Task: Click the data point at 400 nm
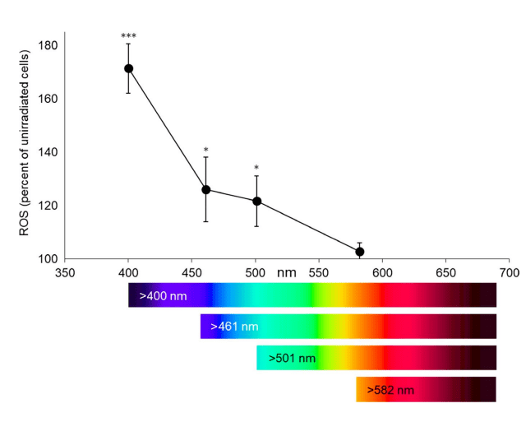(128, 68)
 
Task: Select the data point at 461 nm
(206, 190)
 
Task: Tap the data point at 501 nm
(256, 201)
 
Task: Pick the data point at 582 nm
(360, 252)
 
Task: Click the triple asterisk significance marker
(128, 36)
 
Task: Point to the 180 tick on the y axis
(48, 45)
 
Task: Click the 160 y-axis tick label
(48, 99)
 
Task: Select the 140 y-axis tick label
(48, 152)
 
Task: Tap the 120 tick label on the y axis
(48, 206)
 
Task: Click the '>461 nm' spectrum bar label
(234, 327)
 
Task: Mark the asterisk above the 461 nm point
(206, 151)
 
